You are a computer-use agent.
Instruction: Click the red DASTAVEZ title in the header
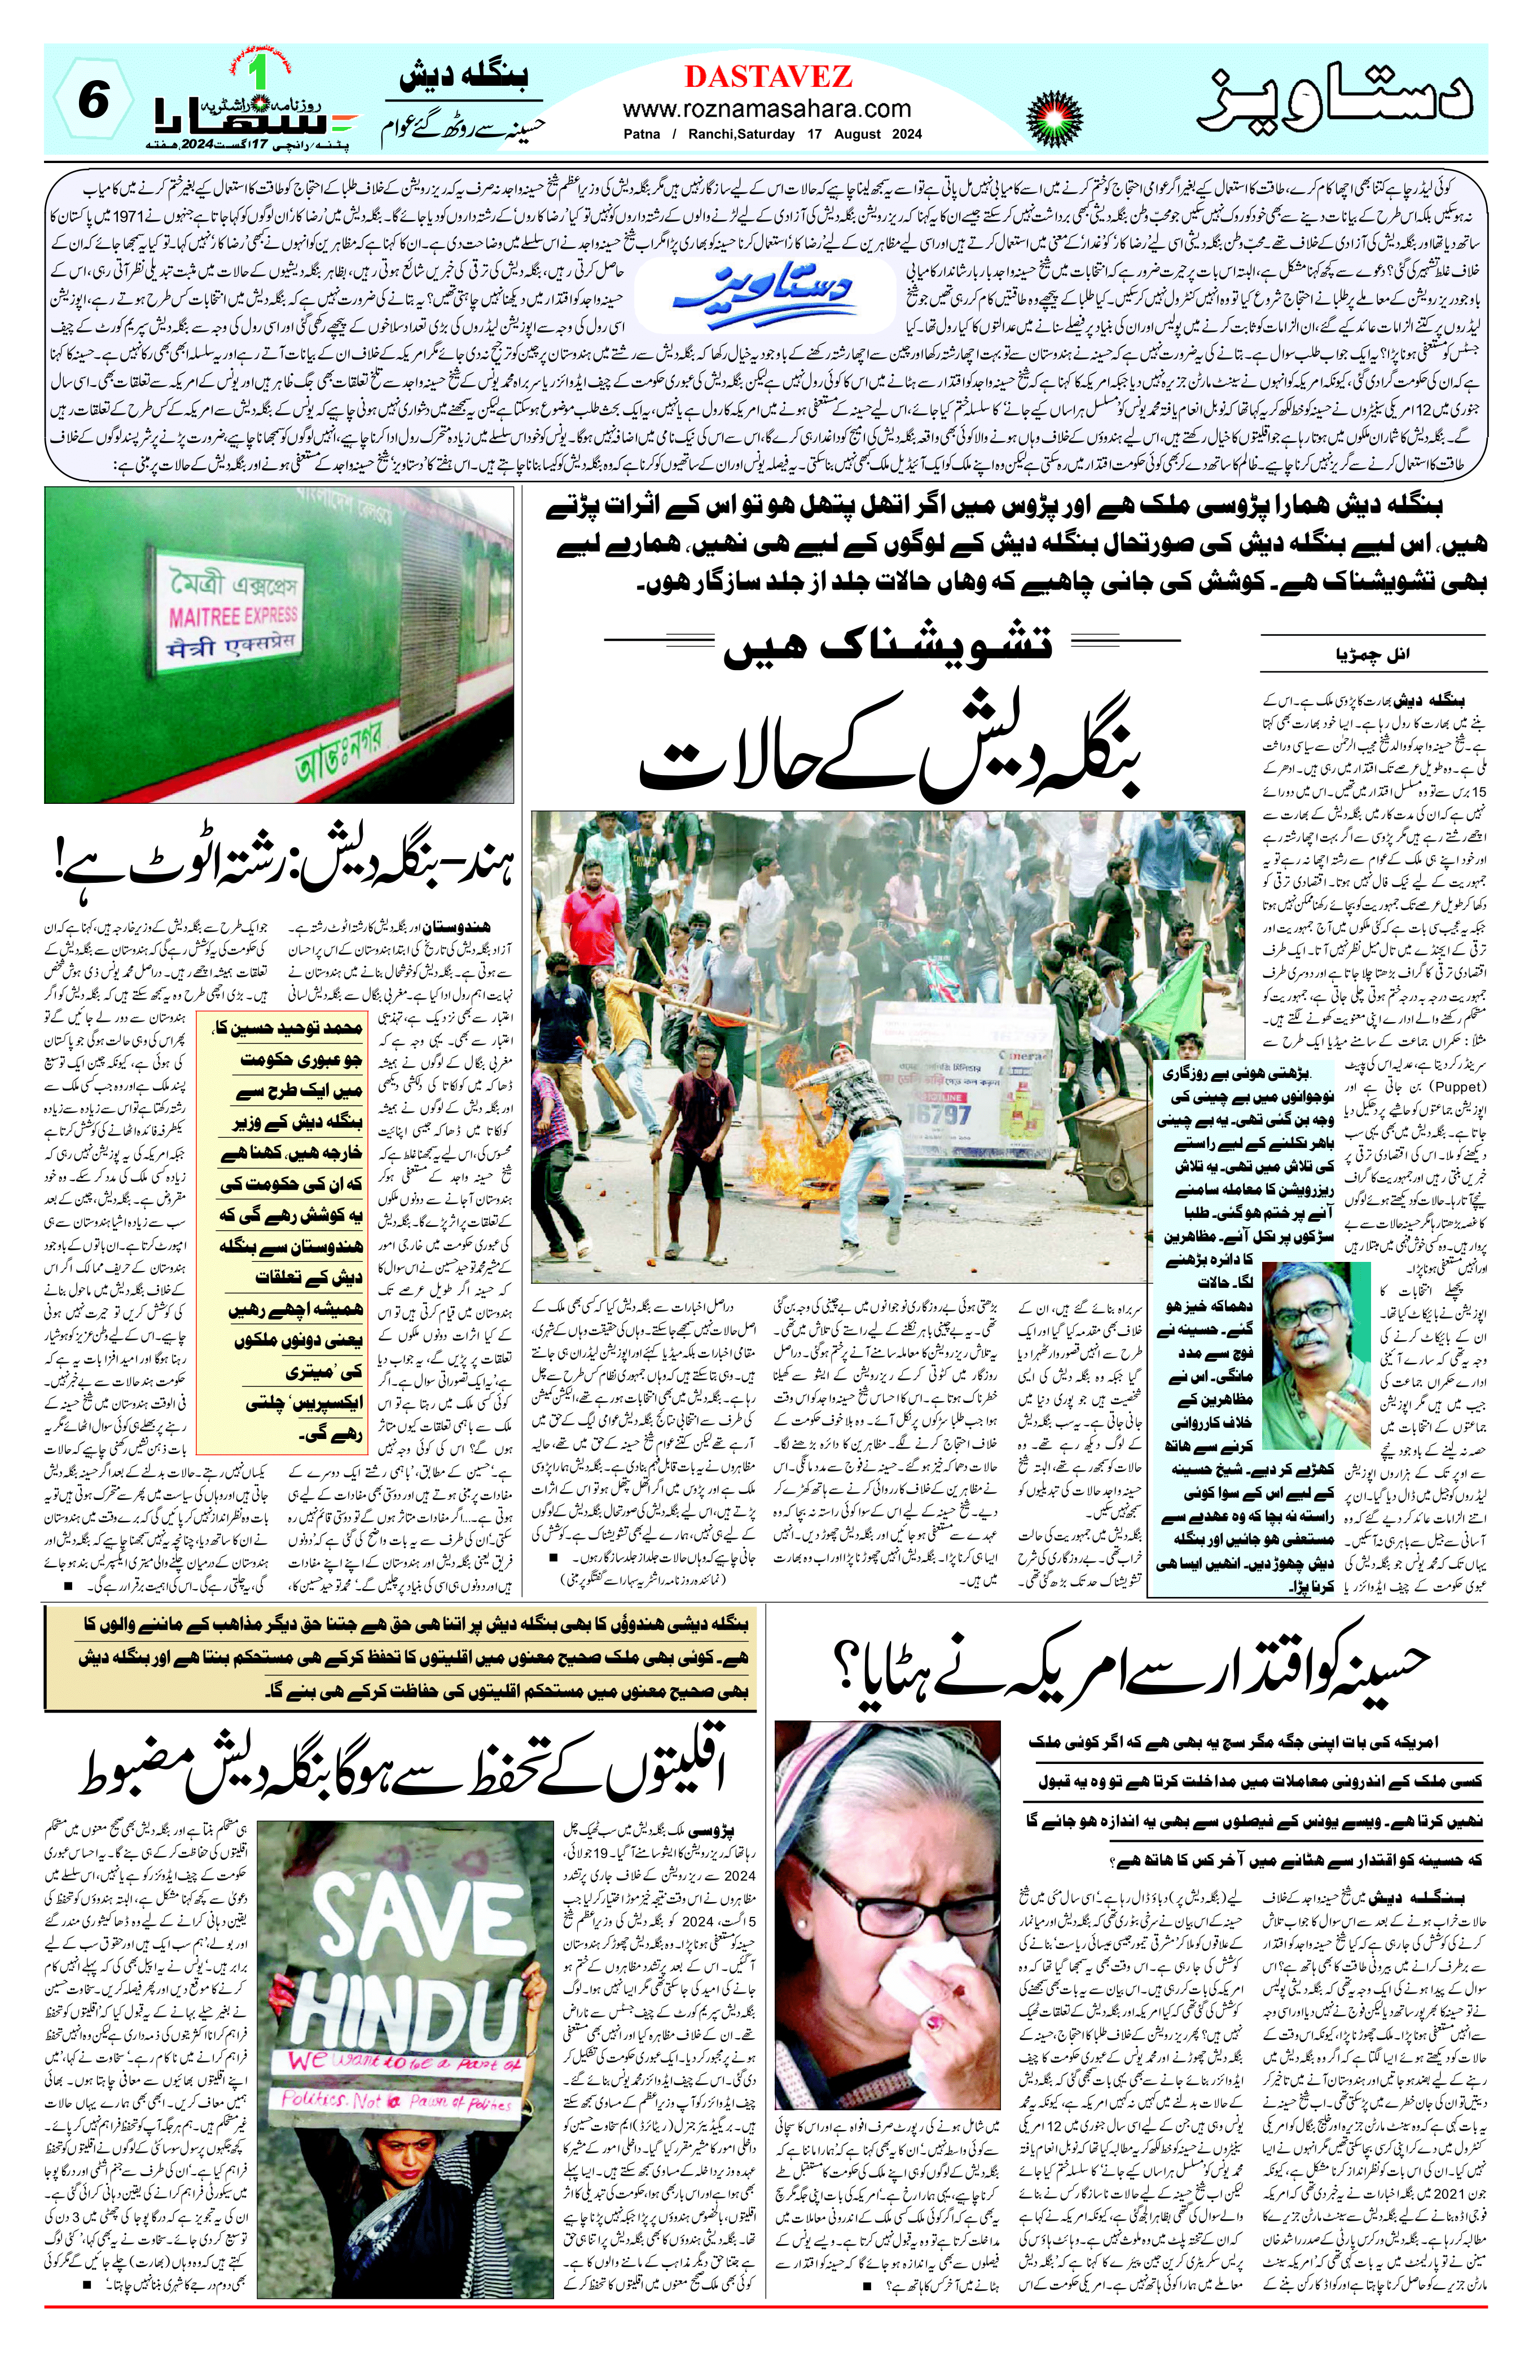tap(766, 76)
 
